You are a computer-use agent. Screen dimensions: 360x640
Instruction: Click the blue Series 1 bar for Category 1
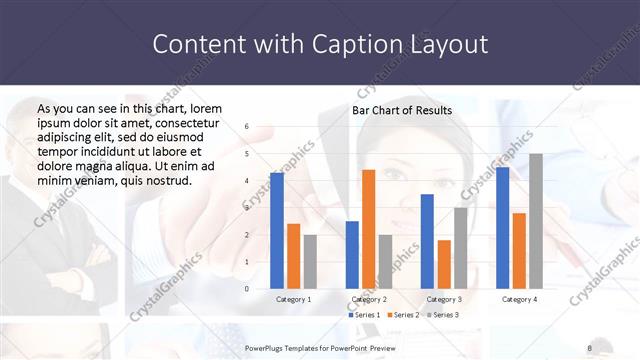point(277,230)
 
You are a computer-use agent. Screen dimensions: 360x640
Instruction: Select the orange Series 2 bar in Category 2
point(368,229)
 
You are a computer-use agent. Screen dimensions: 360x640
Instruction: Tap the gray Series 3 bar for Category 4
point(536,221)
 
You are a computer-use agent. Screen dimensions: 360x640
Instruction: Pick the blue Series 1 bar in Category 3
point(427,241)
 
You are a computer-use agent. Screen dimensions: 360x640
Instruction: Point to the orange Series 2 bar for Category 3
point(444,264)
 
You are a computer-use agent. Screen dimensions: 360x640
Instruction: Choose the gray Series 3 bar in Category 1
point(310,261)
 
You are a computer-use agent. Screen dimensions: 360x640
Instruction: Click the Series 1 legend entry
point(365,315)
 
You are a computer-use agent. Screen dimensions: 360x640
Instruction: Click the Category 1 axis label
point(293,299)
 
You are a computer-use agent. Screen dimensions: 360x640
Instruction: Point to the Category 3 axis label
point(444,299)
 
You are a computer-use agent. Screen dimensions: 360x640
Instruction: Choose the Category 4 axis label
point(519,299)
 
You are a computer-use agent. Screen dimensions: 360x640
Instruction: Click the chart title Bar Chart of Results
point(402,110)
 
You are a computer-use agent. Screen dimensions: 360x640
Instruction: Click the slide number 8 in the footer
point(590,348)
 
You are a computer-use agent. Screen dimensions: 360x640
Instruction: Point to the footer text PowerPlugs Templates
point(290,348)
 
